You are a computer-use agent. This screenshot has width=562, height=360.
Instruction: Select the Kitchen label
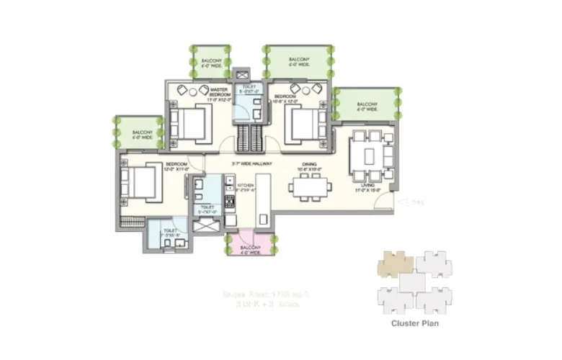(x=246, y=186)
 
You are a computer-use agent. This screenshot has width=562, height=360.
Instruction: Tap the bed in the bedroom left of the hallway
(x=142, y=180)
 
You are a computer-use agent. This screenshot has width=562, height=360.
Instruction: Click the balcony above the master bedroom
(x=211, y=62)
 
